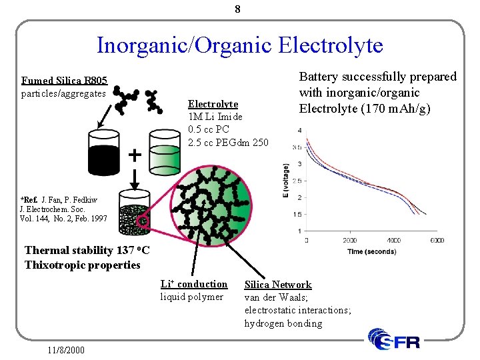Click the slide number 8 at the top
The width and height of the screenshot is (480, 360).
click(239, 9)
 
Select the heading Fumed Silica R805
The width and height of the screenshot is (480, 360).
click(64, 81)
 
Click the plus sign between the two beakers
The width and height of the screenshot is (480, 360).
click(134, 155)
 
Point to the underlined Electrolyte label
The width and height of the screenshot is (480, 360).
click(213, 104)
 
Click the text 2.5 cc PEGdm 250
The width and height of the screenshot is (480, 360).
click(228, 142)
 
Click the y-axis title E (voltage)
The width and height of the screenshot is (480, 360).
click(285, 180)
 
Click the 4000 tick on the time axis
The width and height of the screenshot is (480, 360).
click(393, 240)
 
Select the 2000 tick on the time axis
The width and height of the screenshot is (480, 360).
click(349, 240)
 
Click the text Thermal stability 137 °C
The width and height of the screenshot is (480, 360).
click(87, 251)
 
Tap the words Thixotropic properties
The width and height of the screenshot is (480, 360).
click(82, 265)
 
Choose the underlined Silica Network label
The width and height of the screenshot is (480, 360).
click(278, 285)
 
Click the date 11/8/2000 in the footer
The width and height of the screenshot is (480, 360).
click(66, 349)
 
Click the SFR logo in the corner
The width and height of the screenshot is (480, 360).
click(395, 339)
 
